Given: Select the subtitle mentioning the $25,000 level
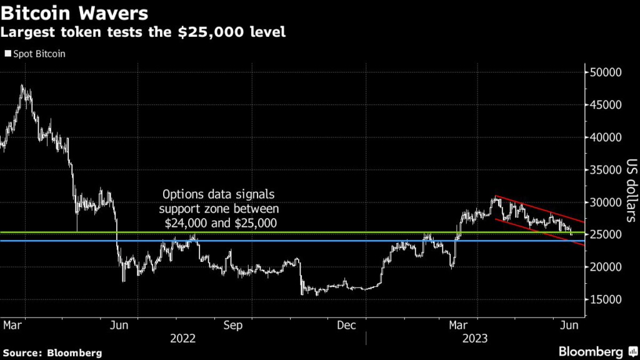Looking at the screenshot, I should (x=144, y=32).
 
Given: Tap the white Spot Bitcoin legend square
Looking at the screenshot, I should (x=7, y=54).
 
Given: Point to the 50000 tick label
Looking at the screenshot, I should (x=605, y=72).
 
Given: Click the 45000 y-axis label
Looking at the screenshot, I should (x=605, y=104).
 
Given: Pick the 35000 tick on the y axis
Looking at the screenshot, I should (x=605, y=169).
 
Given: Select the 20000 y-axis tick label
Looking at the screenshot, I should (x=605, y=267).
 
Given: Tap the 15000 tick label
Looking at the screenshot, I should (x=605, y=299).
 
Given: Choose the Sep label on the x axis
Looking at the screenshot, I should (x=233, y=325).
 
